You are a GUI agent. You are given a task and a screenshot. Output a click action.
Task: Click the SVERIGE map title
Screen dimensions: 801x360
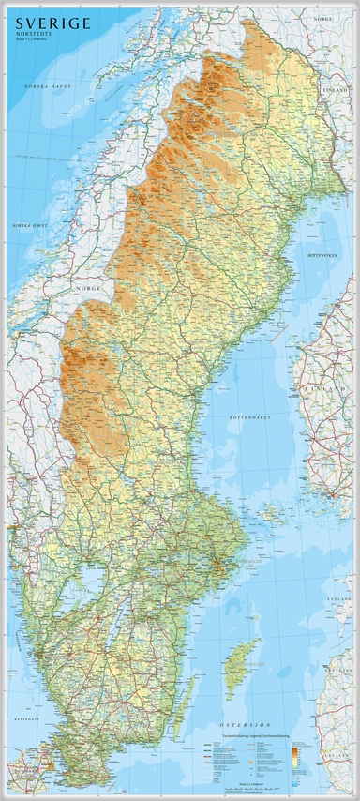(x=48, y=23)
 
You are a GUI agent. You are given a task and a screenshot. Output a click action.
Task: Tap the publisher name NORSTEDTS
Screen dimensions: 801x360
(x=38, y=34)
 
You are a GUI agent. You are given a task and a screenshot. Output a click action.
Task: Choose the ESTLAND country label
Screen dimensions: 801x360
(x=337, y=597)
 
